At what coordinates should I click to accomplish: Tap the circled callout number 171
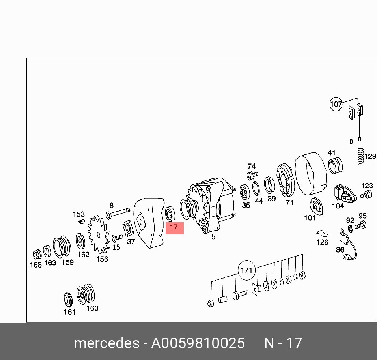pos(246,270)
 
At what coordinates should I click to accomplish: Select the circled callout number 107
pos(336,104)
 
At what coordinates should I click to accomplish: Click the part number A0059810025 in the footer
pos(198,343)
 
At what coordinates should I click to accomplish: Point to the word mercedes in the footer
pos(106,343)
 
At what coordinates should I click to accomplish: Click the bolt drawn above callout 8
pos(119,213)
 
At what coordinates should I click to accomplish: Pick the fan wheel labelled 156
pos(99,234)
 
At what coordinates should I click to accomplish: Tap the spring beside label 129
pos(360,157)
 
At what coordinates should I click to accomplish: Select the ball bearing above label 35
pos(245,192)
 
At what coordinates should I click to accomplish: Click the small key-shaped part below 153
pos(82,221)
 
